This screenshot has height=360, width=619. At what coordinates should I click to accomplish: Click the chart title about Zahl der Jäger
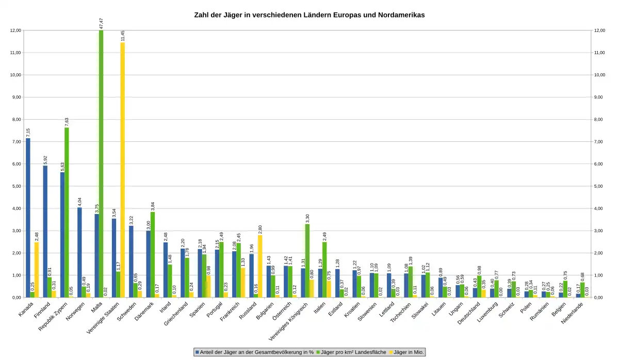tap(309, 15)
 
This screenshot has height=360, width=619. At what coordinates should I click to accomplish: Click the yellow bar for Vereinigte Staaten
tap(123, 170)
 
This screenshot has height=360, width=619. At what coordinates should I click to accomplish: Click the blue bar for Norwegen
tap(79, 252)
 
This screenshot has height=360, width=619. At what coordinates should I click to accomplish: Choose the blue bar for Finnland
tap(45, 232)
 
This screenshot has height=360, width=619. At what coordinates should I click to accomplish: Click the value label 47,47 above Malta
tap(101, 23)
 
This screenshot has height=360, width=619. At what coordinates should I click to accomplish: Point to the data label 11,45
tap(123, 36)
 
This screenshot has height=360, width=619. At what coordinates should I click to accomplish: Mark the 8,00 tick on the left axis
tap(15, 119)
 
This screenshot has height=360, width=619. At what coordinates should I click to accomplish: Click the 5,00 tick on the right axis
tap(600, 186)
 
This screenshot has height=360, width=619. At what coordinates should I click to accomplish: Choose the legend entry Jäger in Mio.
tap(407, 352)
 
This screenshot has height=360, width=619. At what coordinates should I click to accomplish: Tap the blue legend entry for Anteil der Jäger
tap(255, 352)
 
